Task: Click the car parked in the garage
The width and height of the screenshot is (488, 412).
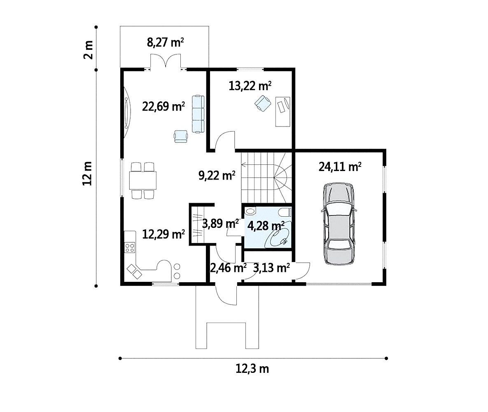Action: pos(338,224)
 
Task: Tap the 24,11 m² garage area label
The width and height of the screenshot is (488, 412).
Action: pos(340,166)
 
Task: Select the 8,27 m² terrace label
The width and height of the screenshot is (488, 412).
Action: pos(165,42)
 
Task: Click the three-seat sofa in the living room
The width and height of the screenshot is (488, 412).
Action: pos(198,114)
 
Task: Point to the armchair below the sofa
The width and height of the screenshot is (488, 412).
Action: pos(181,136)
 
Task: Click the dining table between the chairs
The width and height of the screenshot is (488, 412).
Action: pos(143,180)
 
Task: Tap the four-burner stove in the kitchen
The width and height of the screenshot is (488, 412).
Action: pos(130,248)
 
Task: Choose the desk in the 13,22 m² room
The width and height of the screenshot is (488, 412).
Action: pos(283,112)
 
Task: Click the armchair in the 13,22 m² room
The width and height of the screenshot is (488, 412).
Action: pos(263,103)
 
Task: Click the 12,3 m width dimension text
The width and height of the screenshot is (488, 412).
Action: pos(252,369)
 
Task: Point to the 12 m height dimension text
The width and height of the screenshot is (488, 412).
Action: pos(87,173)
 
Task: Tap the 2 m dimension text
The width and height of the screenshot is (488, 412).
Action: pos(89,49)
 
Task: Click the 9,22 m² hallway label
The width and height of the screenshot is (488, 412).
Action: pos(217,176)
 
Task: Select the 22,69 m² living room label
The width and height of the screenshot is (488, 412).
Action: pos(163,107)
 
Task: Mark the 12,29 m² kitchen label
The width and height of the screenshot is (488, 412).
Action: pos(163,234)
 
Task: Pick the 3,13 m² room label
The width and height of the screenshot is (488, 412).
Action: pos(271,267)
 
